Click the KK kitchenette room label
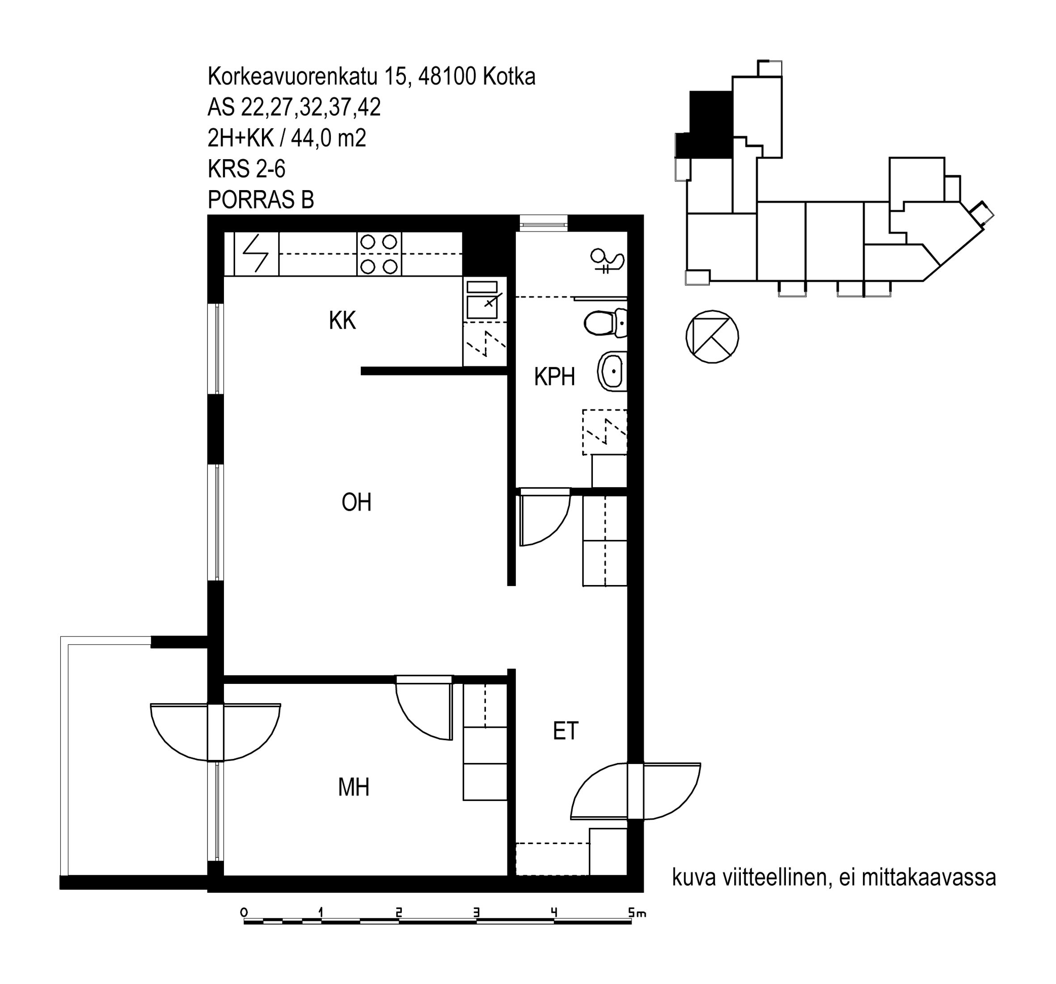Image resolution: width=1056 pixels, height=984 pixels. [x=342, y=320]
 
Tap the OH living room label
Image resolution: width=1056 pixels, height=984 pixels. [x=356, y=503]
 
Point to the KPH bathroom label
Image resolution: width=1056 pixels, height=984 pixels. [x=554, y=377]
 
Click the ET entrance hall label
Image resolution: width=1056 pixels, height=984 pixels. [x=565, y=732]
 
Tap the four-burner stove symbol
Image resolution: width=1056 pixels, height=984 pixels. [x=379, y=254]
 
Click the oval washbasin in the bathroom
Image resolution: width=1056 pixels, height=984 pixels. [x=612, y=370]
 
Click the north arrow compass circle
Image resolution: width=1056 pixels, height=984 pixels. [x=712, y=337]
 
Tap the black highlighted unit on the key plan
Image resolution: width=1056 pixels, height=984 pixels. [x=706, y=125]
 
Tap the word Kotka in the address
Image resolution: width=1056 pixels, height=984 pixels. [x=508, y=77]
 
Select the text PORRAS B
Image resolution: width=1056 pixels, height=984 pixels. [x=260, y=200]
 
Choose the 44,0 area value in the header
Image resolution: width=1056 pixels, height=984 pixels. [x=310, y=138]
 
